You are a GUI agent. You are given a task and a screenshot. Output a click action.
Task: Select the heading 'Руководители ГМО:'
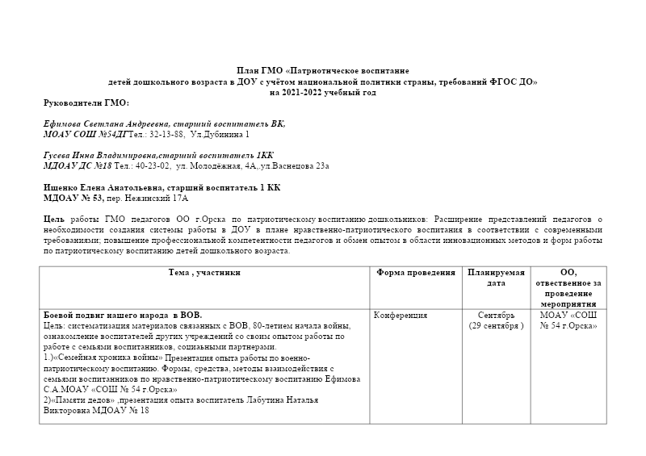click(86, 102)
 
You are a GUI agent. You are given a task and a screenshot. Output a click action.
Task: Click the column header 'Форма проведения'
click(416, 273)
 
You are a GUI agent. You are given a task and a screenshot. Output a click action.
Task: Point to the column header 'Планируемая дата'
click(496, 278)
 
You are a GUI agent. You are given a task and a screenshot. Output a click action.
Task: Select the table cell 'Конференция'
click(402, 315)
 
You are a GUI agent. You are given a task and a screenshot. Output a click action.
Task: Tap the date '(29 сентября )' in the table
click(496, 325)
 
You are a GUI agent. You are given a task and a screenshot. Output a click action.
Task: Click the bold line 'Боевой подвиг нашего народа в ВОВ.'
click(122, 315)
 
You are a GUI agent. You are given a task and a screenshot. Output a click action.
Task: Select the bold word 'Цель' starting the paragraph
click(54, 218)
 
